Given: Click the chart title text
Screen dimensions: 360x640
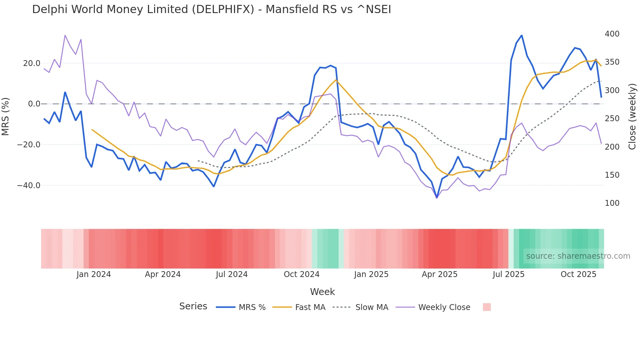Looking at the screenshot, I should click(211, 9).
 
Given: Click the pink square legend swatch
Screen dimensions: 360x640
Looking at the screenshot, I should click(487, 307).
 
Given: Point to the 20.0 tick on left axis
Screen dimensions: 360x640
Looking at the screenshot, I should click(32, 63).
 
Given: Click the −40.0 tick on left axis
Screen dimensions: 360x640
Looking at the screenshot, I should click(29, 186).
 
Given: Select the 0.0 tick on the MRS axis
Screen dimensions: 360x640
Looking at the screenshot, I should click(34, 104).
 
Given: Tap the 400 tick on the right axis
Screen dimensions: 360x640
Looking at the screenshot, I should click(612, 34).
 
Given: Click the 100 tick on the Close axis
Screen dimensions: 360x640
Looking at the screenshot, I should click(612, 203).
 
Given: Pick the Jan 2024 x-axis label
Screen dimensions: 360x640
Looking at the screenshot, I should click(94, 274).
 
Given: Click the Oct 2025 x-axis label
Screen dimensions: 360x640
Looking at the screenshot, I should click(578, 274).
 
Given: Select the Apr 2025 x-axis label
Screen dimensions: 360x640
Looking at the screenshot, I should click(440, 274).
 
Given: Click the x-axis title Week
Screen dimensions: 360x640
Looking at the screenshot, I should click(322, 292).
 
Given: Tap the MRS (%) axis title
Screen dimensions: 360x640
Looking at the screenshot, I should click(6, 117).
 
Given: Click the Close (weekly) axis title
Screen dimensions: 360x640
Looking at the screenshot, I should click(632, 117).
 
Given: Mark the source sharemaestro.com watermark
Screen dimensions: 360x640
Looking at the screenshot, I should click(578, 256).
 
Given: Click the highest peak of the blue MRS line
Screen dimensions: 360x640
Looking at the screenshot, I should click(521, 35).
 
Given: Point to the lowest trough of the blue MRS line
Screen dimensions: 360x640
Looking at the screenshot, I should click(437, 198).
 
